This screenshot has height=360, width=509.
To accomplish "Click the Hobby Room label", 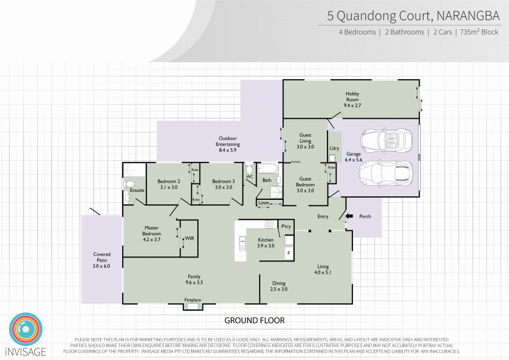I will pos(352,94).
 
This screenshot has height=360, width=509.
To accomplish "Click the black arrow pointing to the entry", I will pos(349,216).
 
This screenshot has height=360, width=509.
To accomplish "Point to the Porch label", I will pos(365,216).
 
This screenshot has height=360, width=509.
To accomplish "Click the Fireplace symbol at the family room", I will pos(193,306).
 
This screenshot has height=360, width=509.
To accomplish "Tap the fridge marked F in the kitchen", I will pos(288,253).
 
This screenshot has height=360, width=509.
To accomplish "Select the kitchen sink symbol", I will pos(243,244).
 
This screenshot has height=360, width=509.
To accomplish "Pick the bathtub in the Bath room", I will pos(267,168).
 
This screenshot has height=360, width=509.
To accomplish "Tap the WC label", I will pos(249,177).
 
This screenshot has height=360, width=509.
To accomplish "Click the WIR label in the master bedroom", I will pos(189,239).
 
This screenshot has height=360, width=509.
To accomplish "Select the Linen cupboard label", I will pos(264,203).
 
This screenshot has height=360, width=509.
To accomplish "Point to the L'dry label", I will pos(334,149).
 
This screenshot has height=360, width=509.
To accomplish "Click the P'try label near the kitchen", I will pos(286,227).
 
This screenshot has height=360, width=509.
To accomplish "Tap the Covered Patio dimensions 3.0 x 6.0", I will pos(102,266).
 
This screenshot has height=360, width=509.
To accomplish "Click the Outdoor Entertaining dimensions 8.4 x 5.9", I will pos(227,151).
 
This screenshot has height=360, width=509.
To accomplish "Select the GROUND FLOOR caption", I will pos(255,320).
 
